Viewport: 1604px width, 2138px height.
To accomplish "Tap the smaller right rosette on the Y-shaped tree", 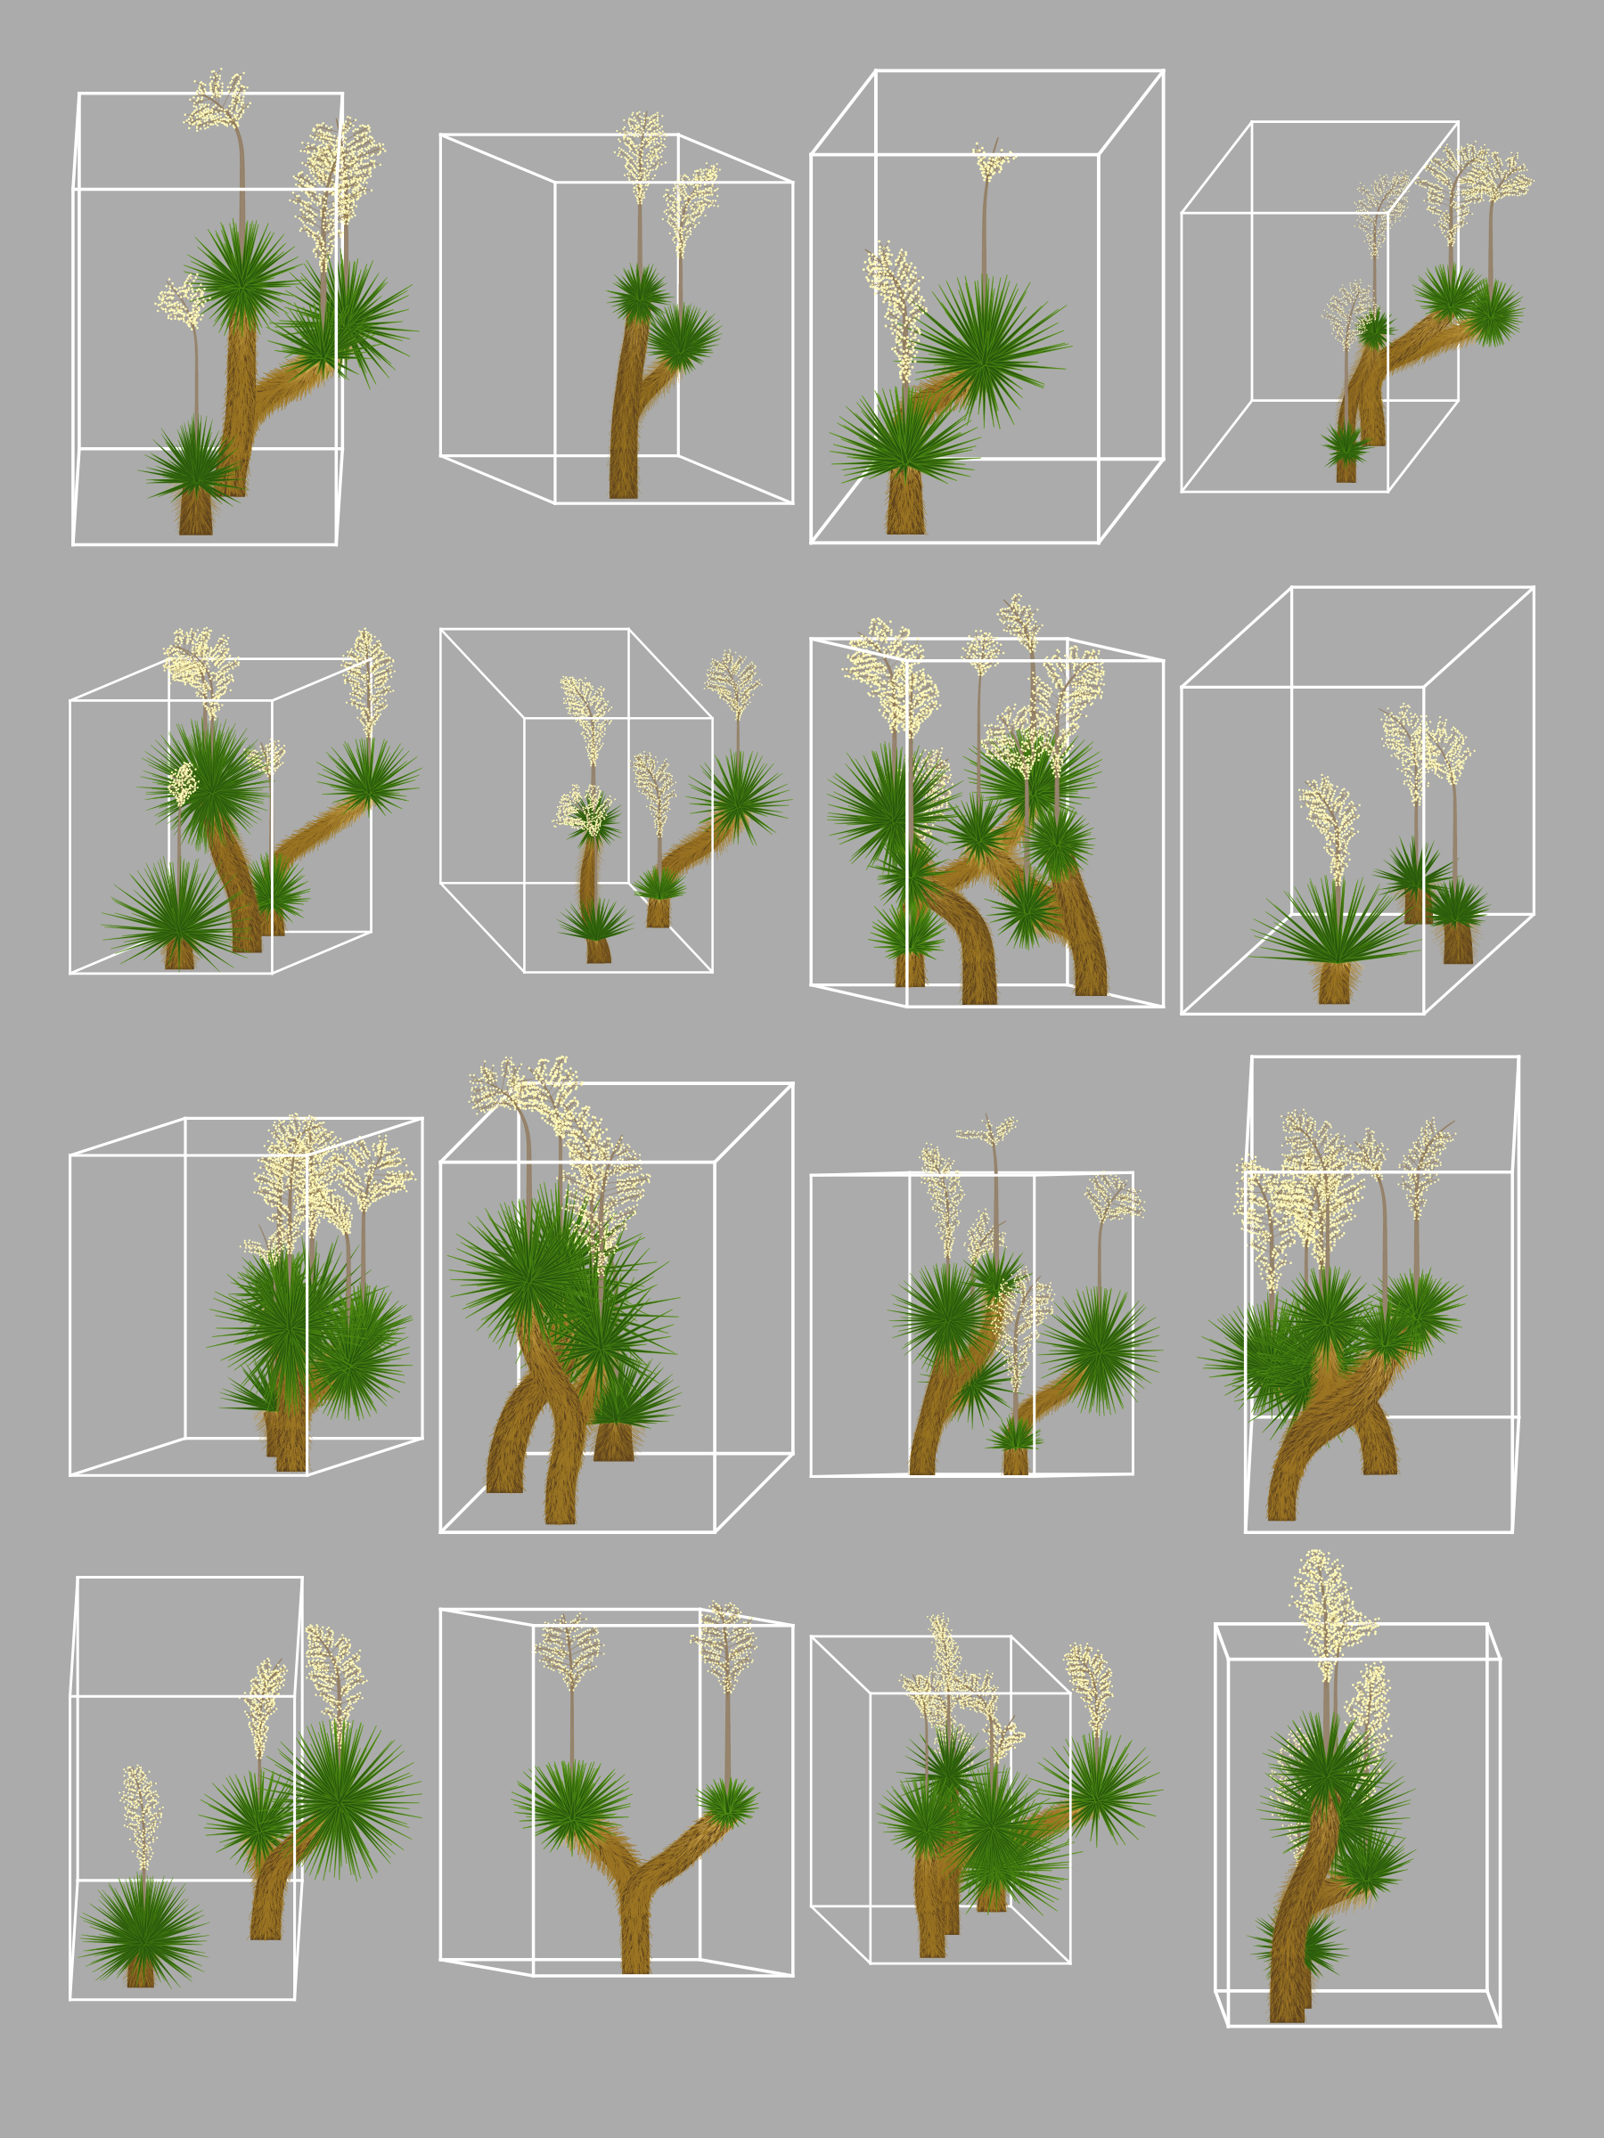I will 727,1799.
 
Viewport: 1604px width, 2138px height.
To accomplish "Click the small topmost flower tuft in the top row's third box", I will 993,161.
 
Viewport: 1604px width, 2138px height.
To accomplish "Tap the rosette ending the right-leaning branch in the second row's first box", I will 369,773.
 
